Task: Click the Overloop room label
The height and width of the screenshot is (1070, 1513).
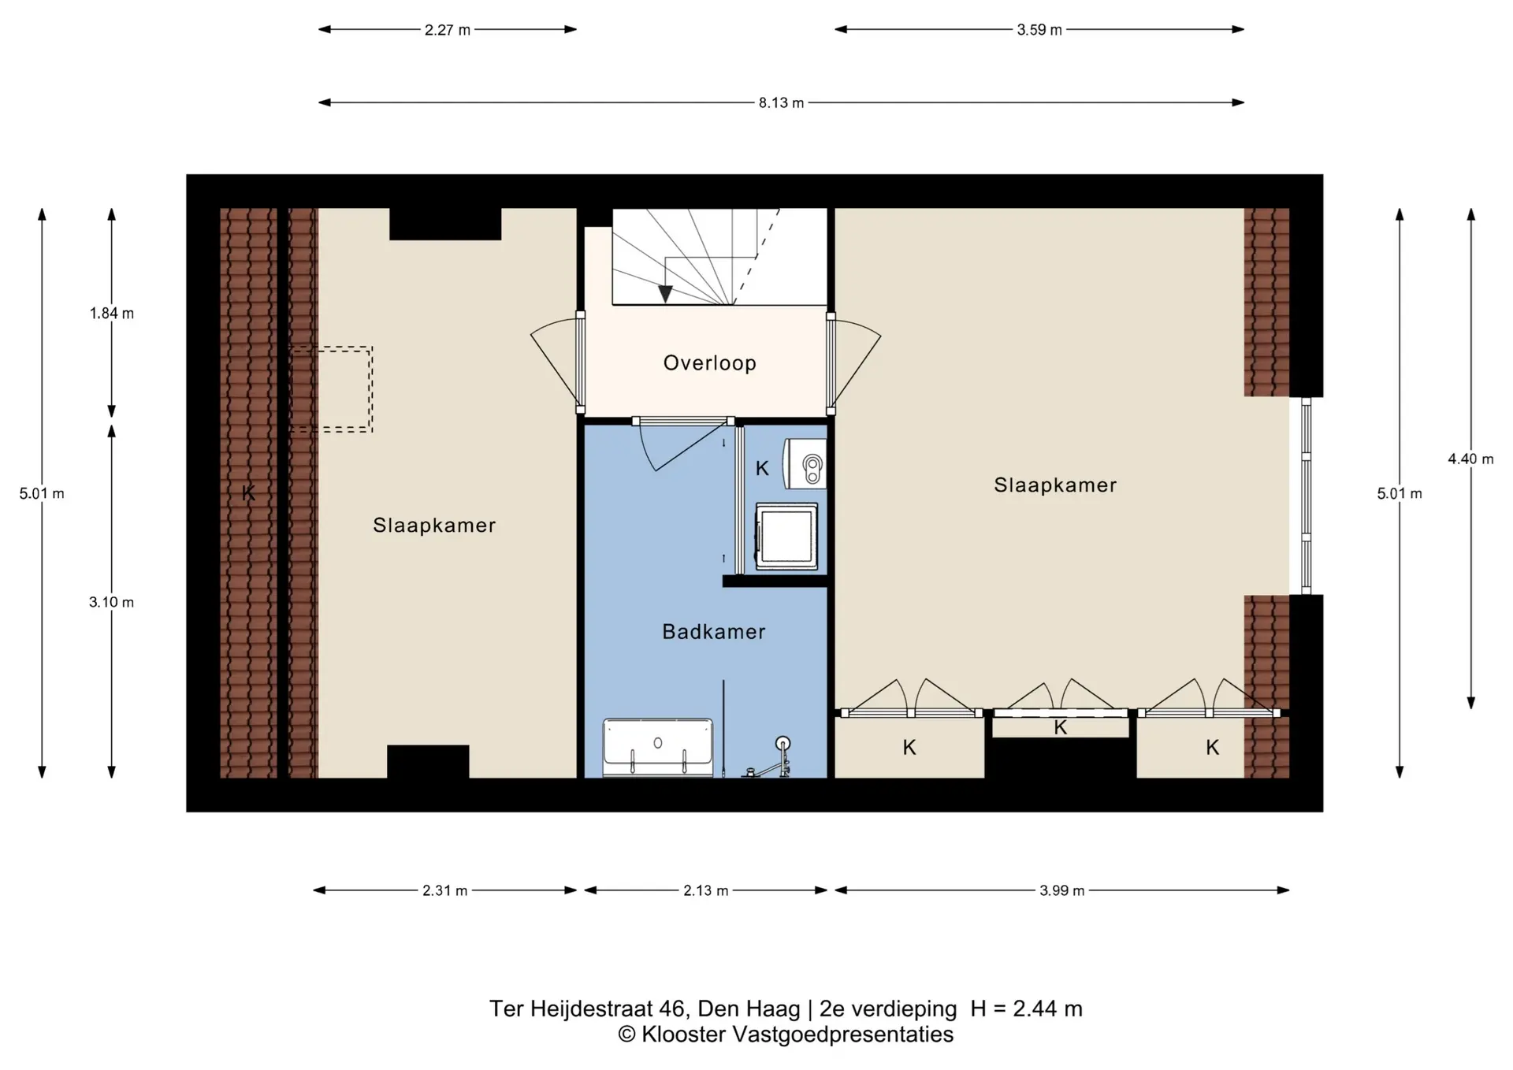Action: click(x=709, y=363)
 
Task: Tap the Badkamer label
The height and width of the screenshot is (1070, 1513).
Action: click(x=713, y=632)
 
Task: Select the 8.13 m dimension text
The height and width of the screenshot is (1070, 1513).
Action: click(x=781, y=103)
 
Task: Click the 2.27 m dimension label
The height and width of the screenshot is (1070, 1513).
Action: click(x=447, y=31)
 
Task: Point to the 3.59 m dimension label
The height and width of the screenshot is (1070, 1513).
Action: click(x=1039, y=31)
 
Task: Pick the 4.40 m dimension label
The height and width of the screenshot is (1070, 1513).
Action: click(x=1470, y=459)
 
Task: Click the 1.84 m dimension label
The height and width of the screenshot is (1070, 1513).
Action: click(x=111, y=314)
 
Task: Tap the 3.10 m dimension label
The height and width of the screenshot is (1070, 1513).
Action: click(x=111, y=603)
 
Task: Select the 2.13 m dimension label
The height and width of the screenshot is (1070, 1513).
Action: click(x=705, y=891)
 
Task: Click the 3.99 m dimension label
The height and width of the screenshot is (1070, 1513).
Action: click(x=1061, y=891)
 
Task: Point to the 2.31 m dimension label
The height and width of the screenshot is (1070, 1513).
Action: click(x=444, y=891)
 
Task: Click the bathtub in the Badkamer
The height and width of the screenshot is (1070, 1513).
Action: click(x=657, y=746)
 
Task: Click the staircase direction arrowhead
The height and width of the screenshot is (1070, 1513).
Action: click(x=665, y=294)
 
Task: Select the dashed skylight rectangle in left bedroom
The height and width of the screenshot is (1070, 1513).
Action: click(x=331, y=389)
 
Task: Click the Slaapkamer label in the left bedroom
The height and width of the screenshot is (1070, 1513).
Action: click(x=434, y=526)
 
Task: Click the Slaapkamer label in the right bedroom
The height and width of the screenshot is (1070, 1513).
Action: click(x=1054, y=485)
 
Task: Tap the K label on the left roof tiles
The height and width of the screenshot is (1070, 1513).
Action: click(x=248, y=493)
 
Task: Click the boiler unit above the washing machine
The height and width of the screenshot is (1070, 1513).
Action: click(x=805, y=463)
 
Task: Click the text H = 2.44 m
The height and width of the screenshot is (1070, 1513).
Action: click(x=1026, y=1009)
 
